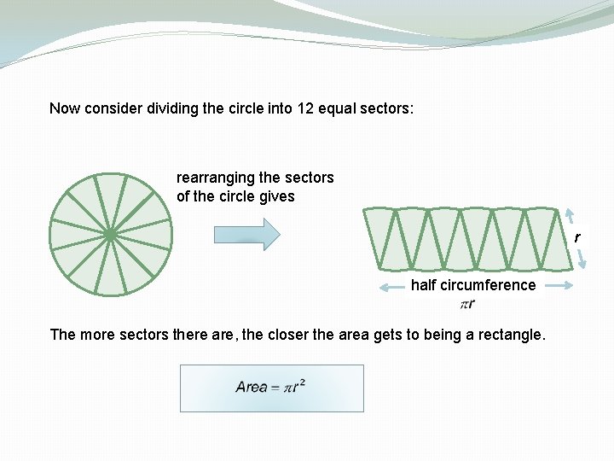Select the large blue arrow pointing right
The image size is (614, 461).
tap(246, 234)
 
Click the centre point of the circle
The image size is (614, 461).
tap(111, 233)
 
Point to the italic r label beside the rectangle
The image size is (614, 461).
tap(577, 237)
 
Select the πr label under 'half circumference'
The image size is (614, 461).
tap(467, 304)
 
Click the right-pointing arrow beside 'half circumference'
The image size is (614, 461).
tap(557, 286)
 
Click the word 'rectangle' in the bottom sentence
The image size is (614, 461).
tap(506, 335)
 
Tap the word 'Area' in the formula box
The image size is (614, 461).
tap(252, 388)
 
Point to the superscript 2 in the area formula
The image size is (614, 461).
tap(303, 382)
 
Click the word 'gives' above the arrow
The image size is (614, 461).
tap(277, 196)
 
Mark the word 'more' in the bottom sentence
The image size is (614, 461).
tap(97, 335)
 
